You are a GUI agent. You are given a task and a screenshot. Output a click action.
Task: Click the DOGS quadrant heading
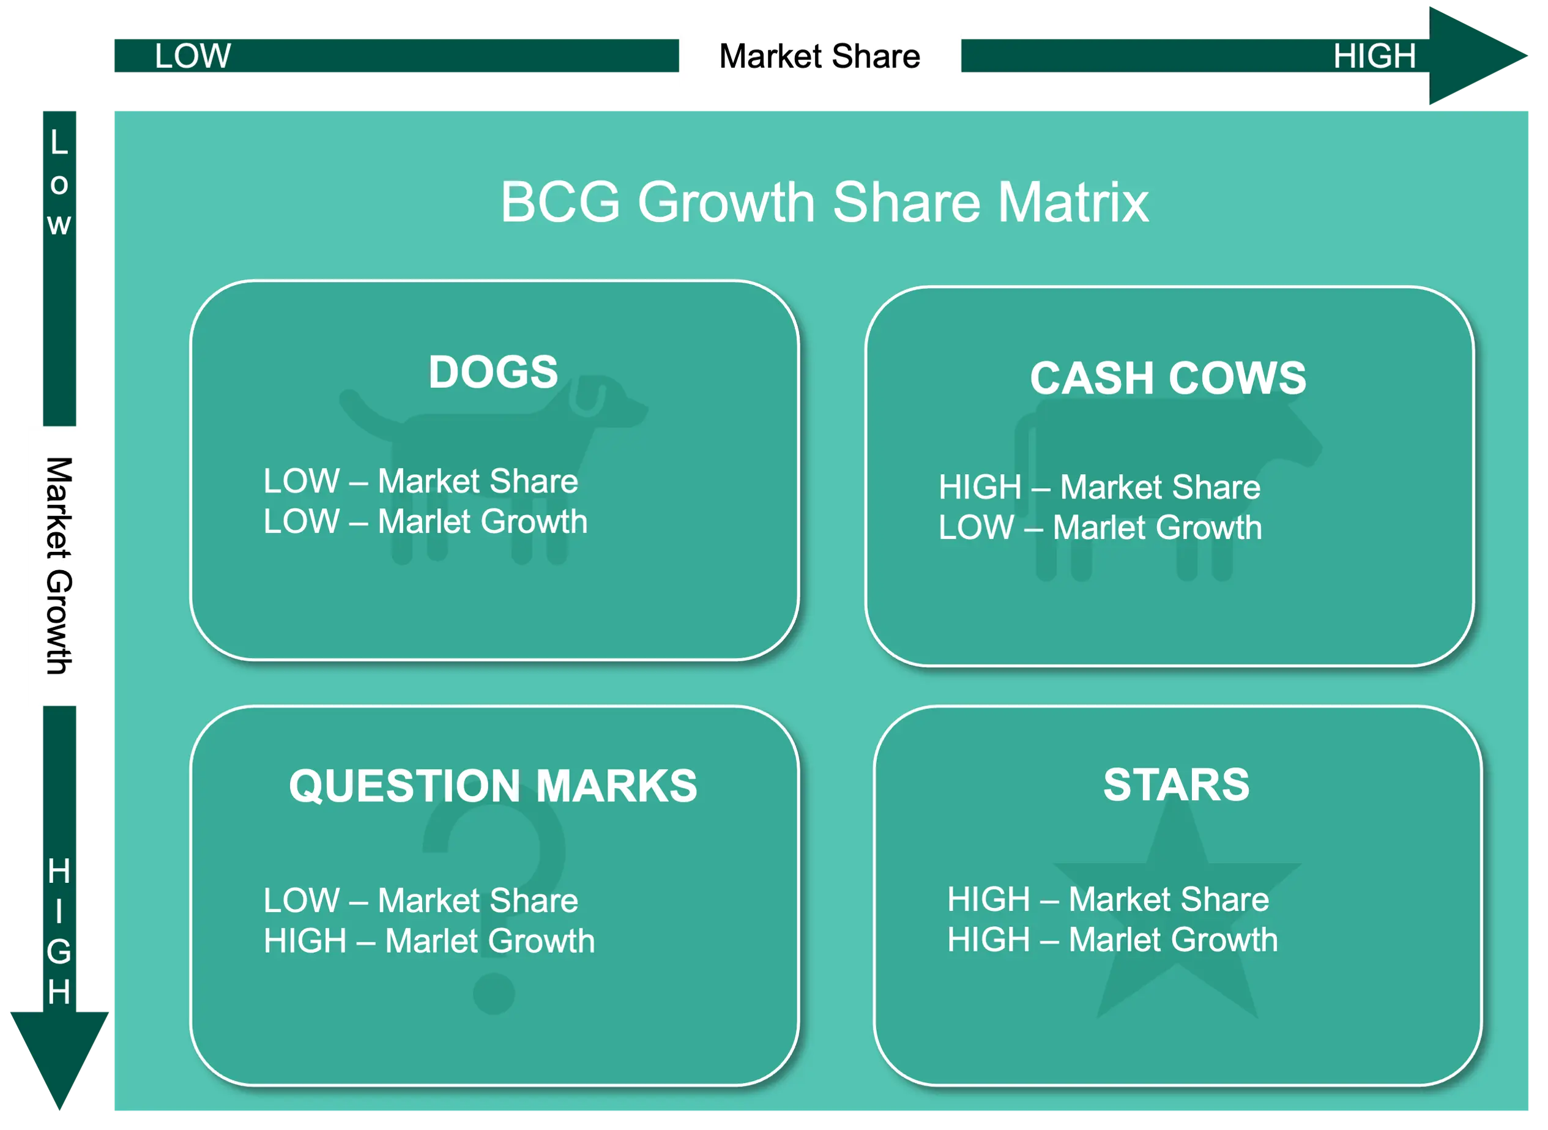(x=493, y=372)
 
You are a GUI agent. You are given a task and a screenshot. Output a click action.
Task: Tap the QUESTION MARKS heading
(x=493, y=786)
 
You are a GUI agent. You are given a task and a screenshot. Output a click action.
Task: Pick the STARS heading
(x=1176, y=784)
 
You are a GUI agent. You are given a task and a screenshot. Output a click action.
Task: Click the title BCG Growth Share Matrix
(x=824, y=203)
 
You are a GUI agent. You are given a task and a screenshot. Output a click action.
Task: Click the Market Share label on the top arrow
(x=819, y=56)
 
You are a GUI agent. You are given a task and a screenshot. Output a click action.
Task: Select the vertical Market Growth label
(x=59, y=566)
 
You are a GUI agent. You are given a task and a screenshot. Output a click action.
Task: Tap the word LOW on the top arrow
(x=192, y=56)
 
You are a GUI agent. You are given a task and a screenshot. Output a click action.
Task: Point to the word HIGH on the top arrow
(x=1374, y=56)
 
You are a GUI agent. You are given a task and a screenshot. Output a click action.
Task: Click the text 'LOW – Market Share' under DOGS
(x=421, y=481)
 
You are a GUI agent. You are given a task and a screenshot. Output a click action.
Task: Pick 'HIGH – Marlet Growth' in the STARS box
(x=1112, y=939)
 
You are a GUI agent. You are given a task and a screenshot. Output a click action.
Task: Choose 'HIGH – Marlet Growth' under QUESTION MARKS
(x=429, y=940)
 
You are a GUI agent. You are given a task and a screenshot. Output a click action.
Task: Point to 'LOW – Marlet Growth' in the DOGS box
(x=425, y=521)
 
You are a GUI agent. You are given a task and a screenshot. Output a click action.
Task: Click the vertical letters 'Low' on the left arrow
(x=59, y=184)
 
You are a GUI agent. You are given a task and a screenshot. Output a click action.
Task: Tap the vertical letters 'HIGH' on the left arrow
(x=59, y=932)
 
